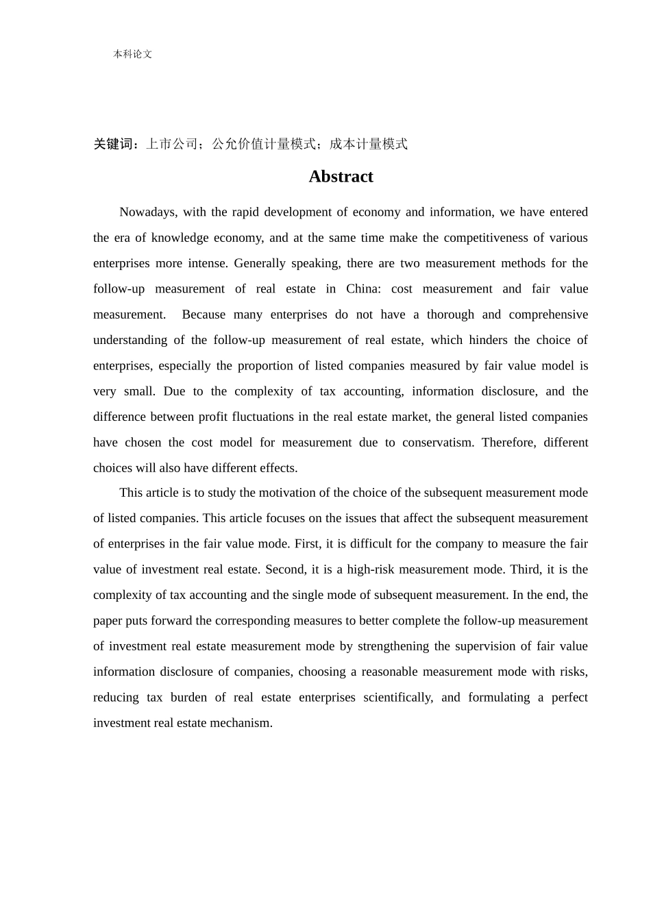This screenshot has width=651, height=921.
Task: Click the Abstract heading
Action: (x=341, y=177)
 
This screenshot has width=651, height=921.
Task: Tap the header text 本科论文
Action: (x=132, y=54)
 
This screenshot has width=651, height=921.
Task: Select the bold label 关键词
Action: (x=114, y=144)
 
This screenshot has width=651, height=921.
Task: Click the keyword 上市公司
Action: (x=171, y=144)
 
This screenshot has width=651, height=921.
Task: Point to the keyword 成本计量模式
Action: (x=369, y=144)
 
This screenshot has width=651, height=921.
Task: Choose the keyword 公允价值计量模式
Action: (x=264, y=144)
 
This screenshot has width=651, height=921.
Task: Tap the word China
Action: (x=362, y=288)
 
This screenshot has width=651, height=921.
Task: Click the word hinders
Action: (x=489, y=340)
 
